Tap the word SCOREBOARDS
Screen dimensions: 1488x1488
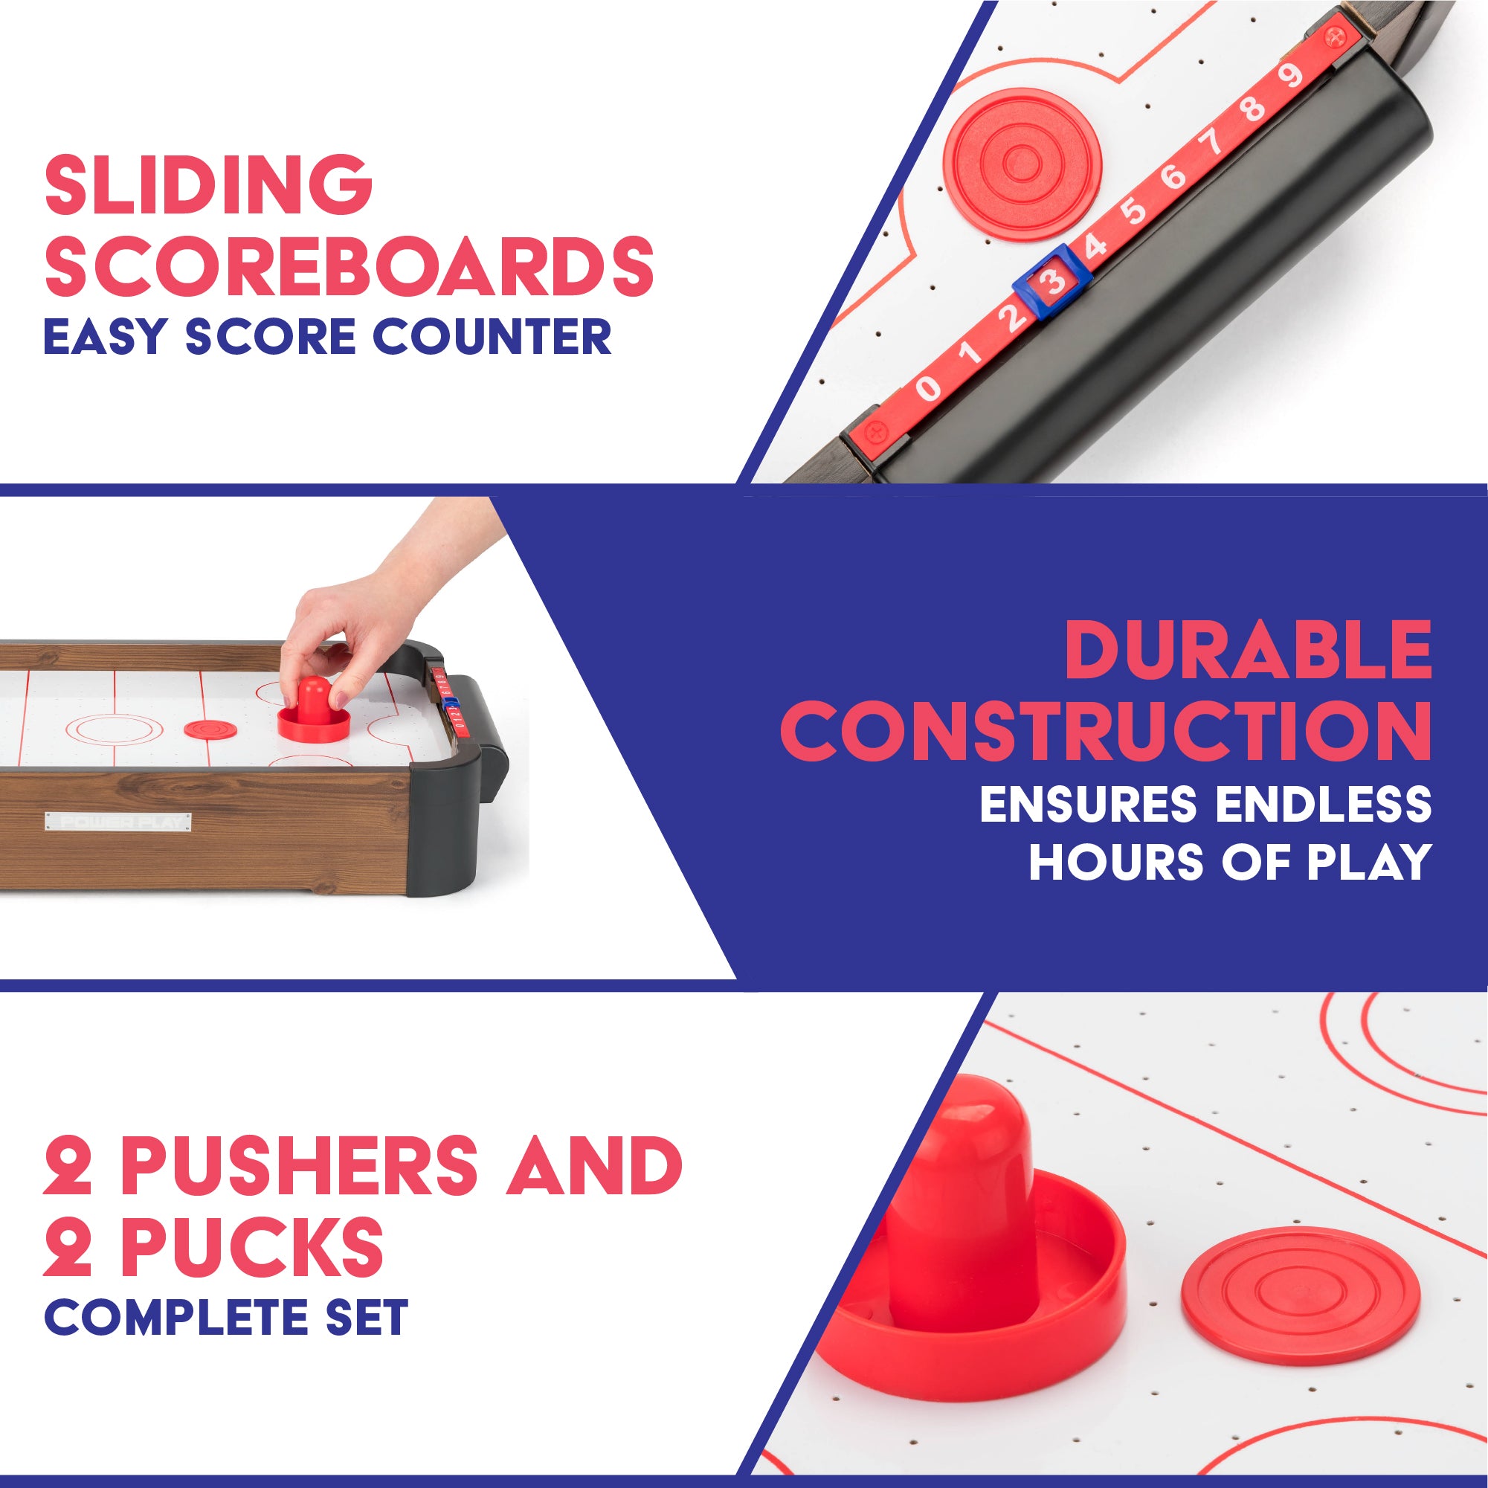tap(349, 266)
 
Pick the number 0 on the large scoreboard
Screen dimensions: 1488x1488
tap(928, 387)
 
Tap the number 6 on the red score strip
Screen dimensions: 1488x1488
tap(1173, 178)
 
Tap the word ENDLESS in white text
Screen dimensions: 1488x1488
tap(1323, 804)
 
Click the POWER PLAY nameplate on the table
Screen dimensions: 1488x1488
tap(117, 821)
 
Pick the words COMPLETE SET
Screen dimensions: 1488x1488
tap(225, 1316)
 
